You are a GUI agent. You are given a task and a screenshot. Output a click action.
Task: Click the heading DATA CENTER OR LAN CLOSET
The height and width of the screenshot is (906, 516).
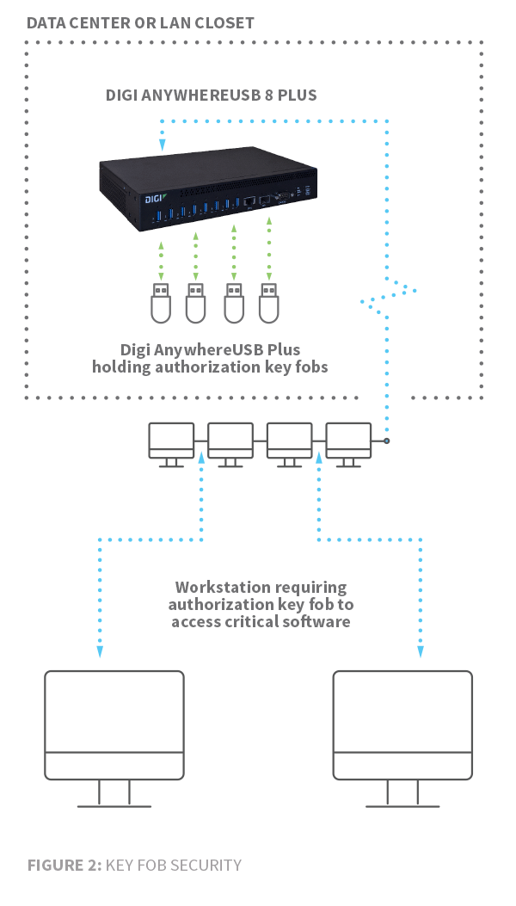[x=140, y=22]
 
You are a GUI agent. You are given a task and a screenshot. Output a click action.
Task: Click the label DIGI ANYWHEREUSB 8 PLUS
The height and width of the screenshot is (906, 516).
[x=212, y=95]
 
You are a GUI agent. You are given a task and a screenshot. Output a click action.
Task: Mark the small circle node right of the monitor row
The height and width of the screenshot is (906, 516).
[x=386, y=441]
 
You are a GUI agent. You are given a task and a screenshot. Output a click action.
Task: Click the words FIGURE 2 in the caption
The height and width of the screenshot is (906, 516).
[x=64, y=865]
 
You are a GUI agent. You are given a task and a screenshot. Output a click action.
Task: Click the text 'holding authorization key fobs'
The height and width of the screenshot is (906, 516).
[x=211, y=367]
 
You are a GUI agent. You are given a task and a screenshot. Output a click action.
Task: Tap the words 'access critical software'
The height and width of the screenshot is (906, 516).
[x=261, y=621]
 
